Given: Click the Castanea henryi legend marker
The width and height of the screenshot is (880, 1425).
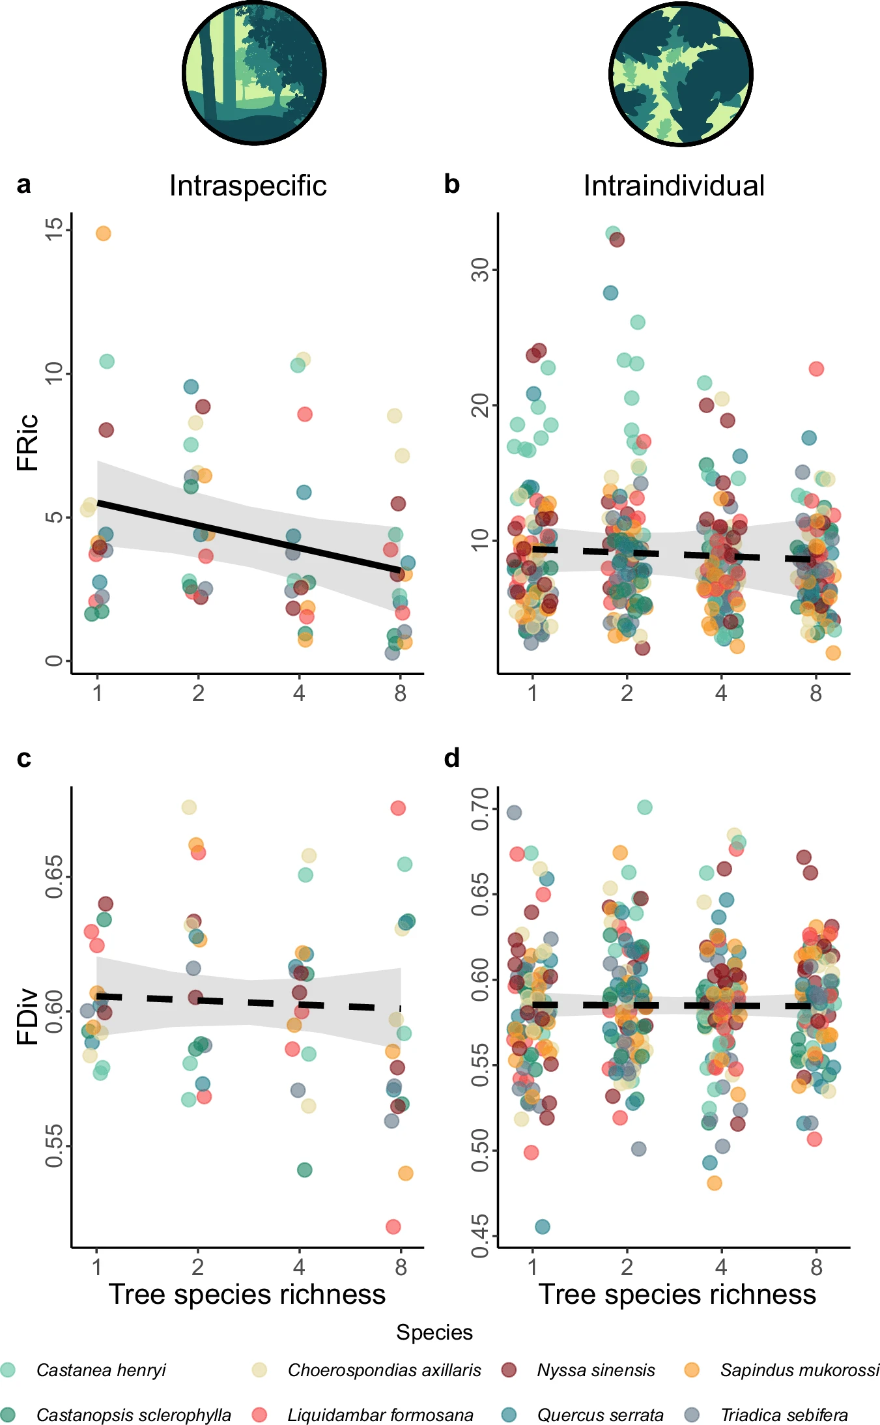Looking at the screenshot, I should point(8,1370).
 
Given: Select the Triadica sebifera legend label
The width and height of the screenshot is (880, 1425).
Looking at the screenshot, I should point(784,1415).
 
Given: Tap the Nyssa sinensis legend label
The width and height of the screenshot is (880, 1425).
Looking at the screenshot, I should point(595,1370).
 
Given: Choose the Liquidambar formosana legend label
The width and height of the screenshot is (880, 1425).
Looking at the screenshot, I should point(380,1415).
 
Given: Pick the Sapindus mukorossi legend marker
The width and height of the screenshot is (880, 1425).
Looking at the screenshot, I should point(692,1370).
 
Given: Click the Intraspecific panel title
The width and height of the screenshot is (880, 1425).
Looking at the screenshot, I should point(248,186).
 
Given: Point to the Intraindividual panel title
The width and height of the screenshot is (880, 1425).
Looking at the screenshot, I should point(674,186).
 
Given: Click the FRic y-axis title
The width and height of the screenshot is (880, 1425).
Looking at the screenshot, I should point(28,442).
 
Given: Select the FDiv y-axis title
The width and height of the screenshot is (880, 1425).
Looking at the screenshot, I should point(28,1016).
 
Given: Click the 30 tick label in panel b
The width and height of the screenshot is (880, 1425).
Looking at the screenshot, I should point(481,269).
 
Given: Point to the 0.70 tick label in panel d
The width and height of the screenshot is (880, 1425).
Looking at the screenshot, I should point(481,809).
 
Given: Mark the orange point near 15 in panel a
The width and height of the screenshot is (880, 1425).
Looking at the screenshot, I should point(104,233).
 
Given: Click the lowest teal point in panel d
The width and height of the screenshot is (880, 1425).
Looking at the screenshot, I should point(543,1226).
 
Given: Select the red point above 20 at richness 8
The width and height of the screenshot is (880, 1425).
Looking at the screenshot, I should point(816,369).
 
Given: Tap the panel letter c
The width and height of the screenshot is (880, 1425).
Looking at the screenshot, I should point(24,758).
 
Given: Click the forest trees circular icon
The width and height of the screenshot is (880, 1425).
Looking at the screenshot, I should point(254,72).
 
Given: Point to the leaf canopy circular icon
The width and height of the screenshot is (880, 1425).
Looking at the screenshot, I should point(681,74).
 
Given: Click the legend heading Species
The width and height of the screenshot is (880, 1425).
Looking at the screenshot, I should point(434,1332).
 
